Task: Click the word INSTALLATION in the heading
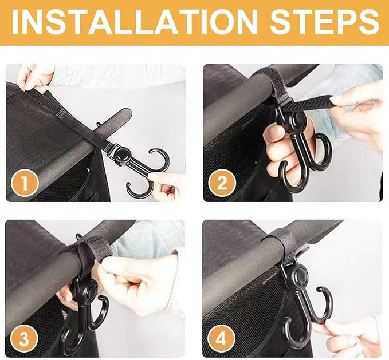[x=135, y=22]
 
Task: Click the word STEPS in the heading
[x=324, y=22]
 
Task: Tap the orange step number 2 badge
[x=222, y=183]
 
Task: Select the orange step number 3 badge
[x=24, y=339]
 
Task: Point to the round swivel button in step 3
[x=91, y=289]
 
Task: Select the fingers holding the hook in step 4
[x=347, y=334]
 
